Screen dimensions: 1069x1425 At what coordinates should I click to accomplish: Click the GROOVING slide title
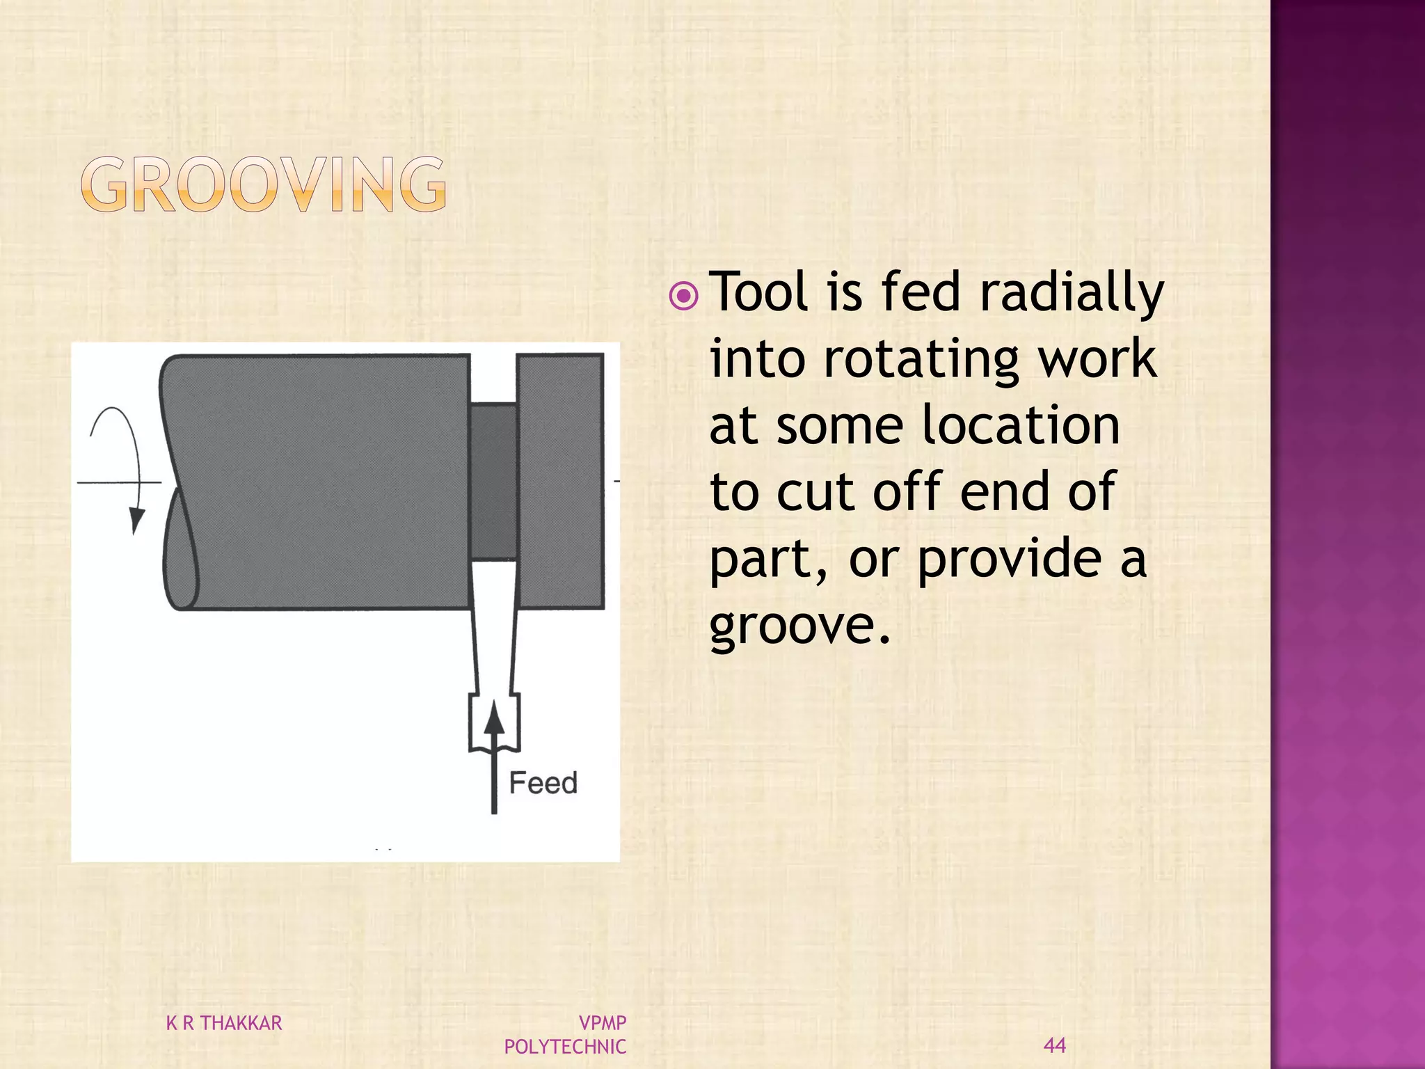click(264, 184)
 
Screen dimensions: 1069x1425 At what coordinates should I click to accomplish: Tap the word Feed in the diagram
click(543, 783)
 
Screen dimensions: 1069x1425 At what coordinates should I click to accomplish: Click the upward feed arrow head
click(494, 717)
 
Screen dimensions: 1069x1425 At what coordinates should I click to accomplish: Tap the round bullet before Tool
click(684, 296)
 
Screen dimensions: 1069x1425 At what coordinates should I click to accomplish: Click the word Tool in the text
click(761, 292)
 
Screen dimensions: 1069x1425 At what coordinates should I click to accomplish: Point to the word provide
click(1010, 561)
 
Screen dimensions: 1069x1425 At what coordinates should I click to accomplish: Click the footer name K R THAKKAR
click(224, 1023)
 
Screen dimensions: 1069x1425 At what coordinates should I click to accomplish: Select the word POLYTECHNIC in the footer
click(565, 1047)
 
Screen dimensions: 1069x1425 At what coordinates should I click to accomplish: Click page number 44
click(1055, 1045)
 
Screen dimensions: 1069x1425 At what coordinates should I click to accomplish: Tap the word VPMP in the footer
click(603, 1023)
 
